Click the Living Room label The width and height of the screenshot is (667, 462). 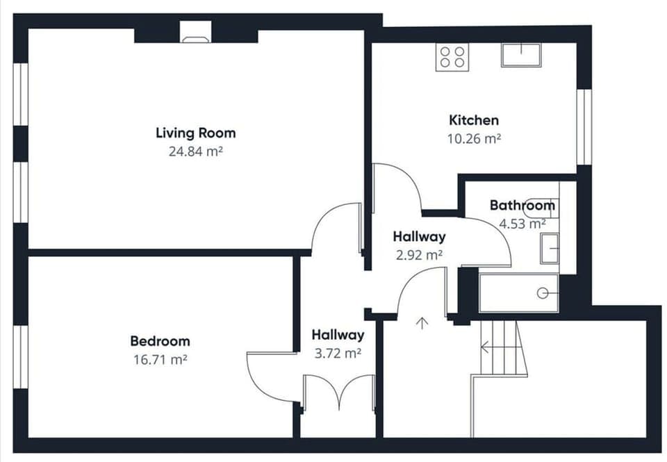pyautogui.click(x=195, y=133)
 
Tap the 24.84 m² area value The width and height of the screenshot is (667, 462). pyautogui.click(x=195, y=151)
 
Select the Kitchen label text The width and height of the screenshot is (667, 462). pyautogui.click(x=473, y=120)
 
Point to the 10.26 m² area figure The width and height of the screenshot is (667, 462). pyautogui.click(x=473, y=138)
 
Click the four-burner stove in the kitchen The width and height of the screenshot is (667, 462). pyautogui.click(x=452, y=57)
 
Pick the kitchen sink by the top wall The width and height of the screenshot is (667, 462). pyautogui.click(x=520, y=55)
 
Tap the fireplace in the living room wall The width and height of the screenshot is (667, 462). pyautogui.click(x=195, y=33)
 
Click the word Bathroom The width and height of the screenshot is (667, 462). pyautogui.click(x=522, y=206)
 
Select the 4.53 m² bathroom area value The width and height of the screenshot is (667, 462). pyautogui.click(x=522, y=224)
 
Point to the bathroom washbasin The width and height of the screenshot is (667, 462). pyautogui.click(x=550, y=248)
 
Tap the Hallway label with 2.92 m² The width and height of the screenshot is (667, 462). pyautogui.click(x=419, y=237)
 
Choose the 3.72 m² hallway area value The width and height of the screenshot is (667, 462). pyautogui.click(x=338, y=353)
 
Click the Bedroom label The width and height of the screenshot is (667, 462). pyautogui.click(x=160, y=341)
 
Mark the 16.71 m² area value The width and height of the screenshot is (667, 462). pyautogui.click(x=160, y=359)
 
